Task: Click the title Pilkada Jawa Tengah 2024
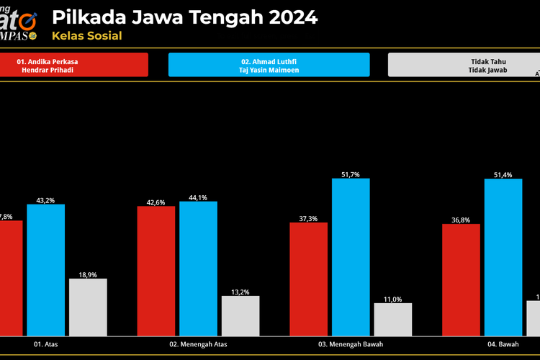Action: (x=185, y=17)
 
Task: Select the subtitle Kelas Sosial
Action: (x=86, y=36)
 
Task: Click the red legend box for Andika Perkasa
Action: (x=73, y=65)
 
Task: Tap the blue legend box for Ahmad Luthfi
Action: (x=269, y=65)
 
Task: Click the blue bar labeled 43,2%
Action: (x=46, y=270)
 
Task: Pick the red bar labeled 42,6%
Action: (x=156, y=271)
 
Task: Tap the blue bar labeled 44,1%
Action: (x=198, y=269)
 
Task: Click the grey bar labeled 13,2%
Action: (x=240, y=315)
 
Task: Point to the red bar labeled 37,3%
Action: (x=308, y=279)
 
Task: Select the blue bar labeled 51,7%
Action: (x=351, y=257)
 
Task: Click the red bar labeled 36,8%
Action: (x=461, y=279)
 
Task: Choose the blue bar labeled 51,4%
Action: (x=503, y=257)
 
